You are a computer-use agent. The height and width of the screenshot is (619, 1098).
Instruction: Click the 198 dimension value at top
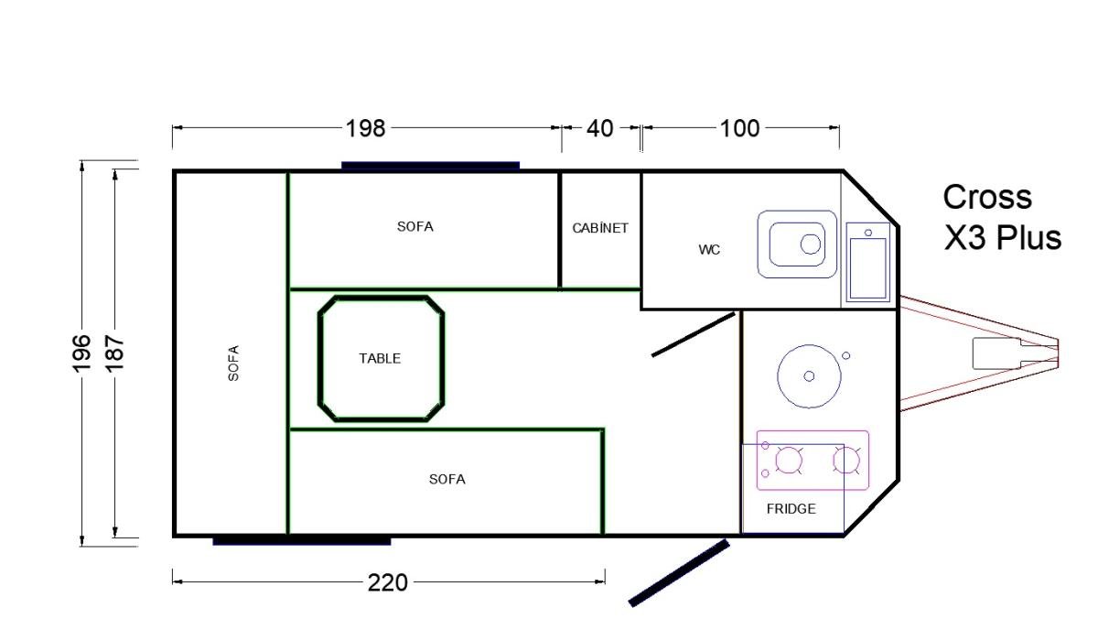[365, 128]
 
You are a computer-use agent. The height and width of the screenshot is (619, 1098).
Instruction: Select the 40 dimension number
[599, 128]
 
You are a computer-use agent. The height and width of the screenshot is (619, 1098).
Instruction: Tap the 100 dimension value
[739, 128]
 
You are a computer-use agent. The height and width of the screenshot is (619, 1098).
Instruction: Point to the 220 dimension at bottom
[388, 582]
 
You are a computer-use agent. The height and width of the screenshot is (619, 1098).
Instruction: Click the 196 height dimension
[81, 353]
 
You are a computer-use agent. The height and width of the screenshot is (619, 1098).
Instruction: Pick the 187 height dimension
[114, 353]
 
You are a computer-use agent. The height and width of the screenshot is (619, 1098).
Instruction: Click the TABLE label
[380, 359]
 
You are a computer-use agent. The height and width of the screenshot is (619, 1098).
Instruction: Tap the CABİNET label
[600, 228]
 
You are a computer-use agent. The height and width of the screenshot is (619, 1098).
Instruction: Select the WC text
[709, 250]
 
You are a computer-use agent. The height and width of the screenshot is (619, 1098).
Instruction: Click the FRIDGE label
[791, 509]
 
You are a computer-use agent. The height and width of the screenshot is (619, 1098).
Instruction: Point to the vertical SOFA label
[233, 363]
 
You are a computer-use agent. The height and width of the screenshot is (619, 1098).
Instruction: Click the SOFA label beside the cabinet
[415, 226]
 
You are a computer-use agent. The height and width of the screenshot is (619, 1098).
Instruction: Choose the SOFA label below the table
[447, 479]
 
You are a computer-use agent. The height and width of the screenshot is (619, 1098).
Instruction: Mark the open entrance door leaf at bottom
[679, 573]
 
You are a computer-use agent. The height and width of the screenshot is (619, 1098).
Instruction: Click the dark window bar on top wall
[430, 166]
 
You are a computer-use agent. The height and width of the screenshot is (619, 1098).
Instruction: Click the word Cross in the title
[987, 197]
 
